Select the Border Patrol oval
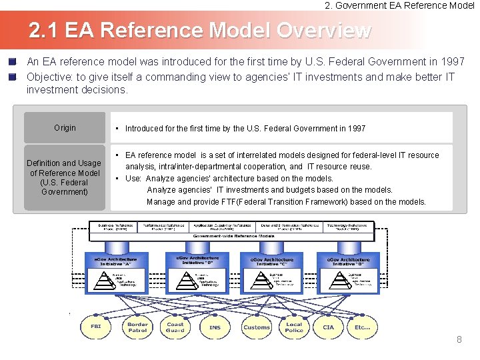137,327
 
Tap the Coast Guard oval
175,327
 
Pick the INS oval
215,327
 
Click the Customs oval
257,327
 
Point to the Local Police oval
294,327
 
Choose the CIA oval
329,327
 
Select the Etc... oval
362,327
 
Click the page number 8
459,340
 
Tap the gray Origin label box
65,128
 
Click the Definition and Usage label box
65,177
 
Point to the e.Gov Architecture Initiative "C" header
271,261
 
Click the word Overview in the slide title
323,30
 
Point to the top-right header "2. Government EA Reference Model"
399,5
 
